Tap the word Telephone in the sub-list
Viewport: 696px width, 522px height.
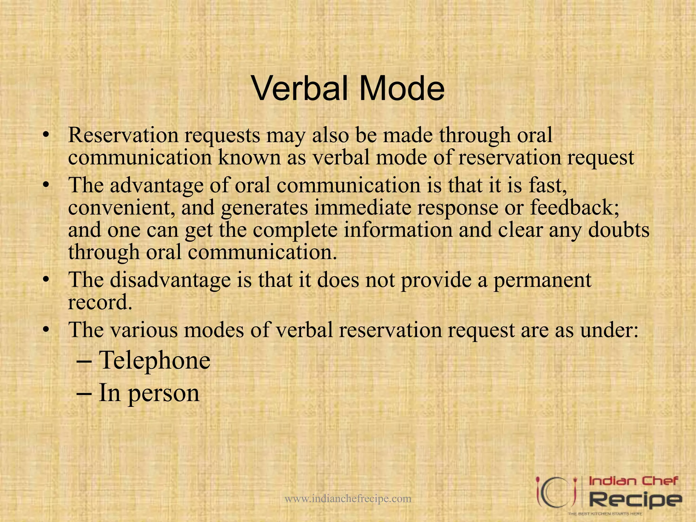click(x=155, y=360)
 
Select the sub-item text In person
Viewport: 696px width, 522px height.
click(x=149, y=393)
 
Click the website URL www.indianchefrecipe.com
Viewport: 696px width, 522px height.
click(x=348, y=499)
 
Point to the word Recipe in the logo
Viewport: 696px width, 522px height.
click(x=635, y=499)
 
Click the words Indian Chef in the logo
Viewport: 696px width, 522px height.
click(x=633, y=481)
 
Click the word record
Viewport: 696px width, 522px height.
click(x=100, y=302)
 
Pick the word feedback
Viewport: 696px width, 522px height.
click(x=574, y=207)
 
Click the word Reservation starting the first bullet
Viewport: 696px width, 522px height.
click(x=123, y=135)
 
